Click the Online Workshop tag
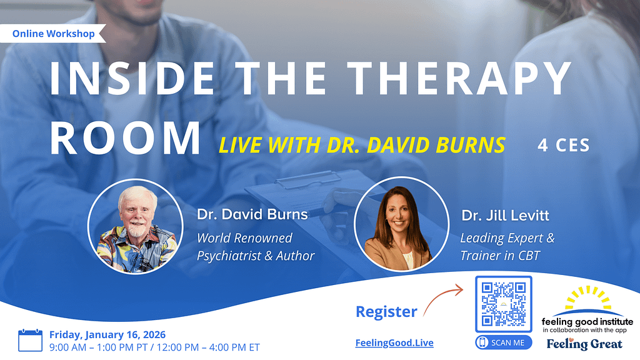point(53,34)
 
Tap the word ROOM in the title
point(125,138)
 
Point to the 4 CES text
point(564,146)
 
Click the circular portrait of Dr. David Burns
point(136,226)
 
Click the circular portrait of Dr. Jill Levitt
point(402,224)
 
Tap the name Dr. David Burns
point(252,214)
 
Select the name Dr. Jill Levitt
point(505,216)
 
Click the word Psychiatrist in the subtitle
point(229,256)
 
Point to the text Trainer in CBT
point(500,256)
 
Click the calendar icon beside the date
point(30,340)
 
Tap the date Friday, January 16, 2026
point(107,335)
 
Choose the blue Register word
point(386,312)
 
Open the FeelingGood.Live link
point(394,343)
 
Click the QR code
point(504,304)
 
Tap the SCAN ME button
point(504,342)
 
